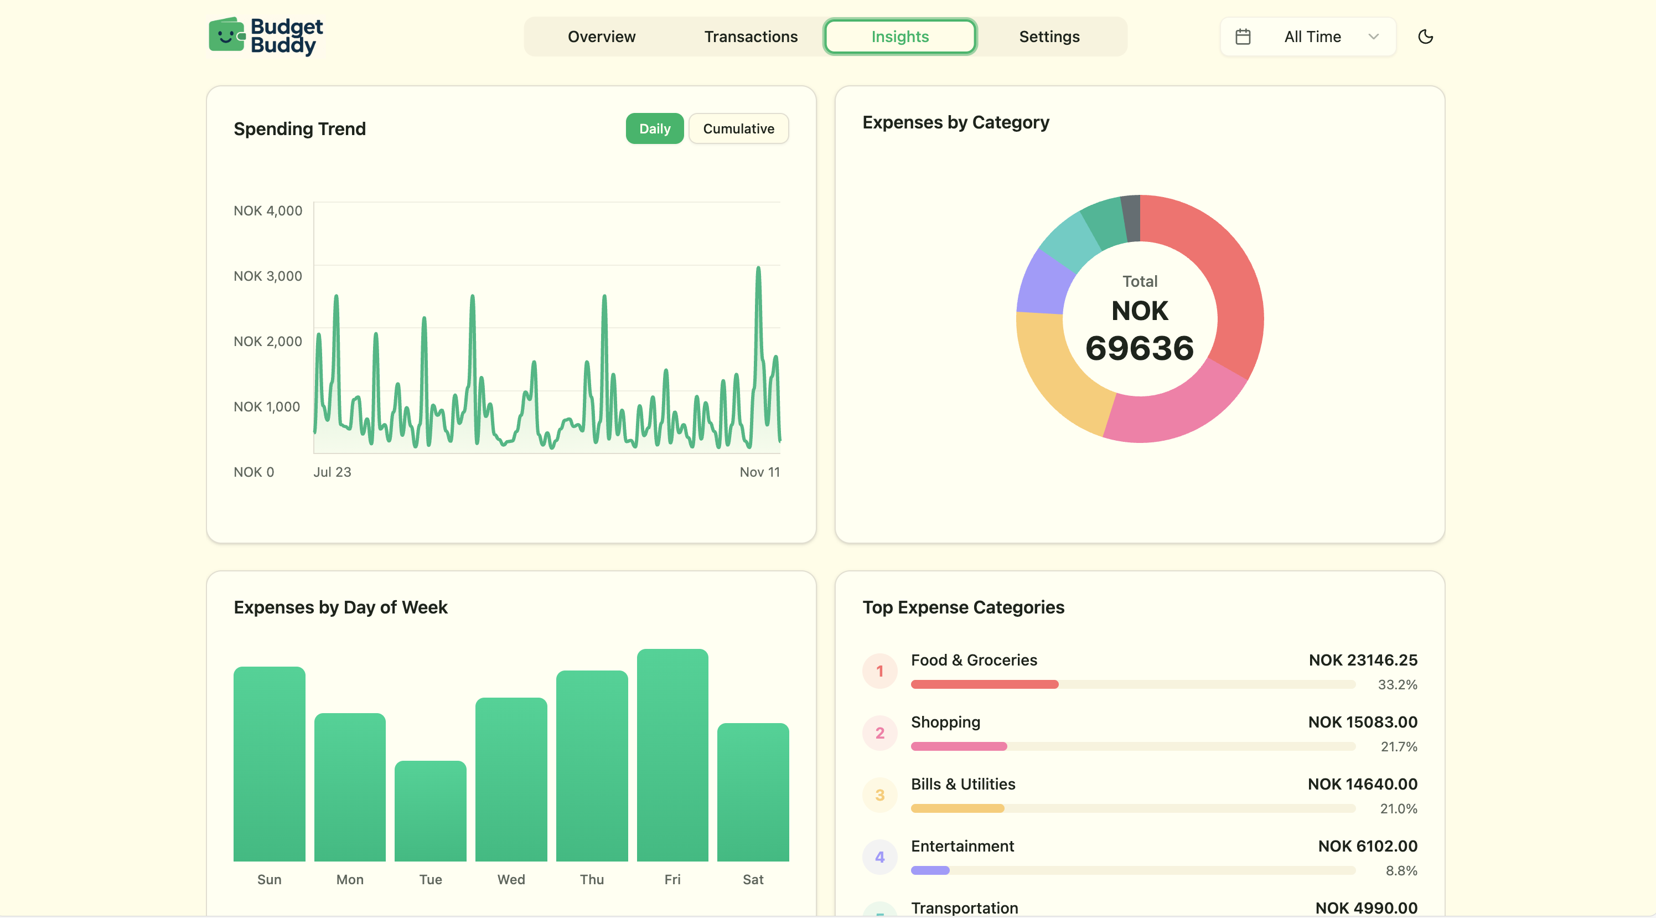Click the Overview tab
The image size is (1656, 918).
(x=601, y=37)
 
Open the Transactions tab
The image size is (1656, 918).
(x=750, y=37)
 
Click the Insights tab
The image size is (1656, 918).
(x=899, y=37)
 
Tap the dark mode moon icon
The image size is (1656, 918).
(x=1425, y=37)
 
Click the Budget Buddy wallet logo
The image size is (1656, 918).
(x=226, y=35)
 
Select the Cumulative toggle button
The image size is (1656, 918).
(x=738, y=128)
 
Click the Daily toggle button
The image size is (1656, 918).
(x=654, y=128)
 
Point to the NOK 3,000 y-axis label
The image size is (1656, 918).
(x=267, y=276)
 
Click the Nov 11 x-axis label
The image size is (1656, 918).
(x=759, y=472)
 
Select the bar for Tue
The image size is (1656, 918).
(x=430, y=811)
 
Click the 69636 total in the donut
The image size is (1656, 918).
(x=1139, y=348)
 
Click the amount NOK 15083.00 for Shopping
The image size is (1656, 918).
(x=1362, y=722)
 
